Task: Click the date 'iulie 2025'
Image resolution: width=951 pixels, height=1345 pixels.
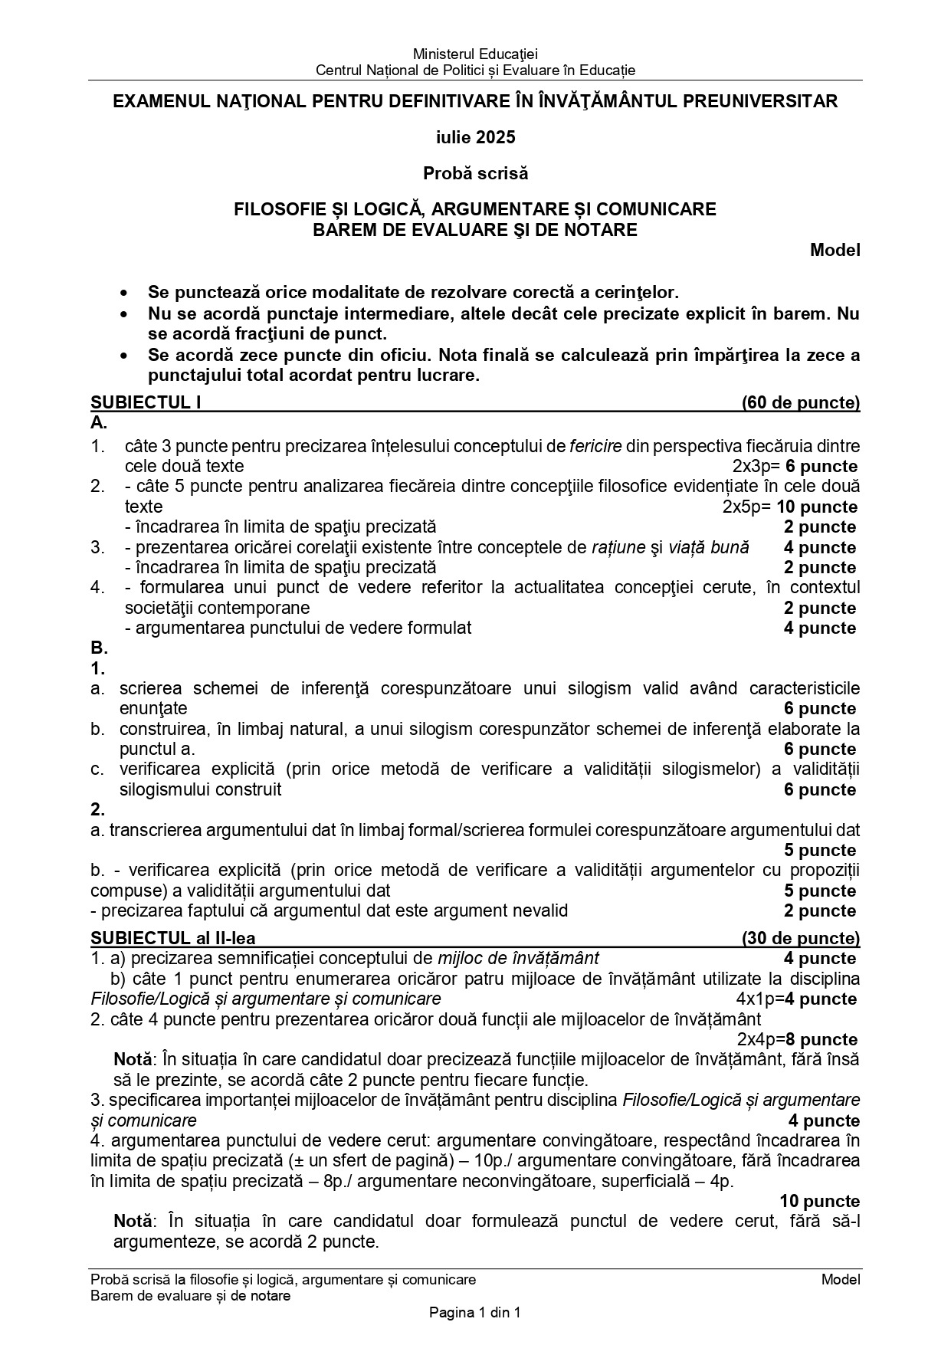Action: [475, 137]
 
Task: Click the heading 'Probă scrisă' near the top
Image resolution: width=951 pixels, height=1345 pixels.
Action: [475, 173]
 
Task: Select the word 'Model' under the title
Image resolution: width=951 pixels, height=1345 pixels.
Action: [835, 250]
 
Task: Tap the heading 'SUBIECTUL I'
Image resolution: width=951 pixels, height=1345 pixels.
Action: [146, 402]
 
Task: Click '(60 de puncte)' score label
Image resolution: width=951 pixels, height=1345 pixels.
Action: [800, 402]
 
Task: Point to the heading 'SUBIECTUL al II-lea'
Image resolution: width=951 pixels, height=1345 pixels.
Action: [173, 938]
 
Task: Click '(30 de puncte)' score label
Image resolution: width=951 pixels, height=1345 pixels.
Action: [800, 938]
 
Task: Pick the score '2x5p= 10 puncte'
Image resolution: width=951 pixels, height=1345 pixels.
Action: [789, 507]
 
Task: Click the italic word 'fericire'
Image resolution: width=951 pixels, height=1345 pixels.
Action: [595, 446]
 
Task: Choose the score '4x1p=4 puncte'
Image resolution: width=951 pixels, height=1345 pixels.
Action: [796, 999]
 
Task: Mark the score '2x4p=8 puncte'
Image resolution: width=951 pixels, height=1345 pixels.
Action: [797, 1039]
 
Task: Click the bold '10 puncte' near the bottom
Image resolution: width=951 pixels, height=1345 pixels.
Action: [819, 1201]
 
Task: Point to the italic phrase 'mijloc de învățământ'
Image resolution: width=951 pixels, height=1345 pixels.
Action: [518, 958]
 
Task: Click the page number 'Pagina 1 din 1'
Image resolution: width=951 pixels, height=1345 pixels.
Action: [475, 1312]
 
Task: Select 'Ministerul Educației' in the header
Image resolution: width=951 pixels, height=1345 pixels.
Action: [475, 54]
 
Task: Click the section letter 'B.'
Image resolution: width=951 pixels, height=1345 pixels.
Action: [99, 648]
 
